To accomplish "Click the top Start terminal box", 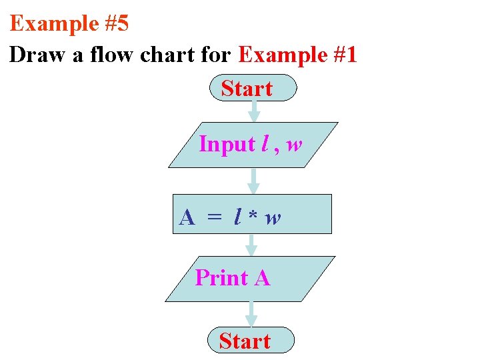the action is tap(253, 88).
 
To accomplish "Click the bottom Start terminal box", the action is tap(250, 340).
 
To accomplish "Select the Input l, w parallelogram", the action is tap(253, 145).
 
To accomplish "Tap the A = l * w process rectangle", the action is tap(252, 214).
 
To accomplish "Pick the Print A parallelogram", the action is tap(250, 278).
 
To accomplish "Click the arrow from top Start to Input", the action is tap(253, 111).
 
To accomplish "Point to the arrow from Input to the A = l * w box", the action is tap(253, 181).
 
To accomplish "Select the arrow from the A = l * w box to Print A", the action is tap(251, 245).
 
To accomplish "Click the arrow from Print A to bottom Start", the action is tap(251, 313).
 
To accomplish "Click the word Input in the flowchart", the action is tap(227, 145).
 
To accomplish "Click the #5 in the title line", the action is tap(116, 24).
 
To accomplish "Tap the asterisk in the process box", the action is tap(253, 216).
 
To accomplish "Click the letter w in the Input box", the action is tap(293, 145).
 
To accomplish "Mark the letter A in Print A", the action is tap(261, 278).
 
